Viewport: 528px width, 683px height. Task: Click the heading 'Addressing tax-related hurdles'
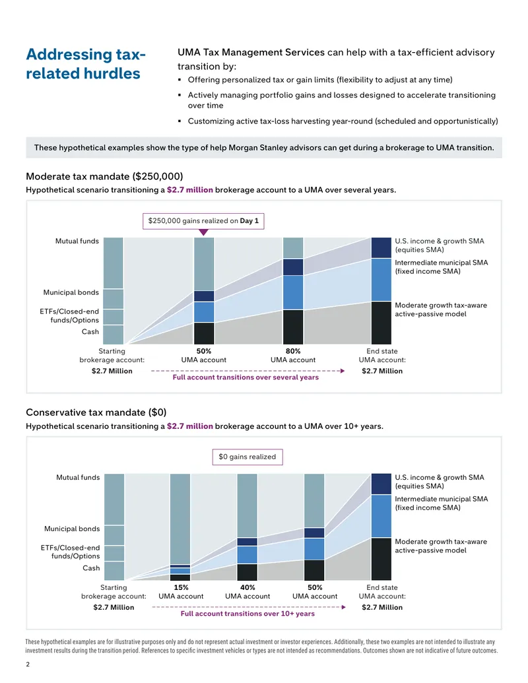(86, 63)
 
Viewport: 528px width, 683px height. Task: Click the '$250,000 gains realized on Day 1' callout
(203, 221)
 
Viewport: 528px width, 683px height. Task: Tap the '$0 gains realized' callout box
(247, 457)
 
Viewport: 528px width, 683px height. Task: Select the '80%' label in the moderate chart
(293, 351)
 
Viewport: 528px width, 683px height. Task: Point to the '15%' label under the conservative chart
(181, 587)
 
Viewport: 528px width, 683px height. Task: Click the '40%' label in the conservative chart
(247, 587)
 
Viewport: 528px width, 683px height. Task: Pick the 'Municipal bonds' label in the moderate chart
(71, 292)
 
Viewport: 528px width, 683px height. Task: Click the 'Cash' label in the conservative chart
(91, 568)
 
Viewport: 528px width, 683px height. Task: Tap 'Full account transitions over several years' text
(246, 377)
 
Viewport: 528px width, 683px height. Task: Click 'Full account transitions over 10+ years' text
(247, 613)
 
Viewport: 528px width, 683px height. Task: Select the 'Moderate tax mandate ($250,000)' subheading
(104, 176)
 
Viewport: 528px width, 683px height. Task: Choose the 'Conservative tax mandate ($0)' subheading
(96, 412)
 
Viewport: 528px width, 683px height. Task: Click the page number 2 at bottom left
(28, 665)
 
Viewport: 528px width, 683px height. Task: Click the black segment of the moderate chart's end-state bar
(381, 323)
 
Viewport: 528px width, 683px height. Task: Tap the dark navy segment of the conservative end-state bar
(381, 484)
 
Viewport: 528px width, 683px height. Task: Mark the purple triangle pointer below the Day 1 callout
(203, 232)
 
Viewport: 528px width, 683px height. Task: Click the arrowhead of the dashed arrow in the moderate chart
(343, 371)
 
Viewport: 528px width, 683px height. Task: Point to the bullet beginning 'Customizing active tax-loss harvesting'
(343, 121)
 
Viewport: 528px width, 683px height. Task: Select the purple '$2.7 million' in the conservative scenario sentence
(190, 426)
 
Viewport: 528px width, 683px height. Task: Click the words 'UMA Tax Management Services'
(251, 52)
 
